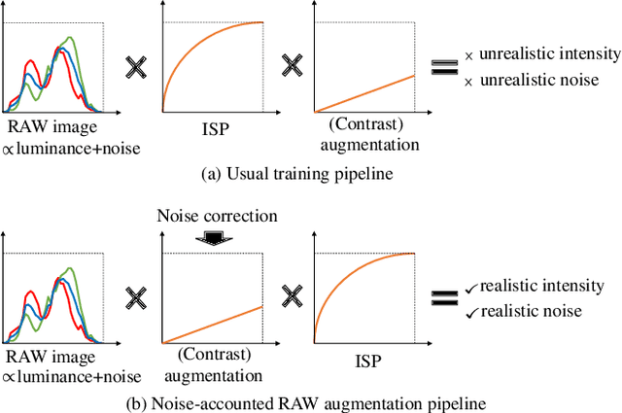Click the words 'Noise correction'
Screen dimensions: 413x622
[218, 214]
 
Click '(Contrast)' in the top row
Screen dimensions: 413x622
[363, 126]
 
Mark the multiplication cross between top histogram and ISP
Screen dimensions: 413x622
[135, 67]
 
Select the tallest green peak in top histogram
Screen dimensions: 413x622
[71, 39]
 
